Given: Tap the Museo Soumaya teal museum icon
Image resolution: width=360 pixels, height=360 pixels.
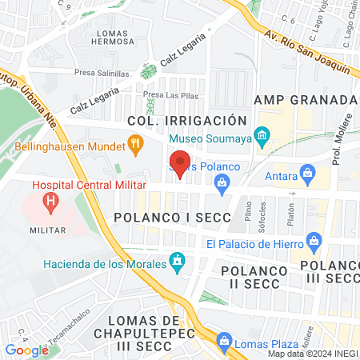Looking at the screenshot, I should point(261,137).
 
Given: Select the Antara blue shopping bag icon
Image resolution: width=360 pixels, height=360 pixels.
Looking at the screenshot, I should point(306,173).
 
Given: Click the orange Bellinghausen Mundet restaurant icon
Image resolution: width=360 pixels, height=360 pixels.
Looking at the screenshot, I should point(136,146).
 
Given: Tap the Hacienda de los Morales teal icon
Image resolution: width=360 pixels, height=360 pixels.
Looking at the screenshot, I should point(178,262).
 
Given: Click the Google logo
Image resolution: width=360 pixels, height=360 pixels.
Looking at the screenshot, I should point(26,350).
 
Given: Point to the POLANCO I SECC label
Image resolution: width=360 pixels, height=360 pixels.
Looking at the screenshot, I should point(172,218).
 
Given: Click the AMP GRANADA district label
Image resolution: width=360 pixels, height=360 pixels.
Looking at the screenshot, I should point(304,100).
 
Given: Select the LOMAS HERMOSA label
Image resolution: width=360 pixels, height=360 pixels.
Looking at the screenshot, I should point(117,37).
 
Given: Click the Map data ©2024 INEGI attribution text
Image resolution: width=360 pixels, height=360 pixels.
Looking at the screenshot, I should point(313,354).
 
